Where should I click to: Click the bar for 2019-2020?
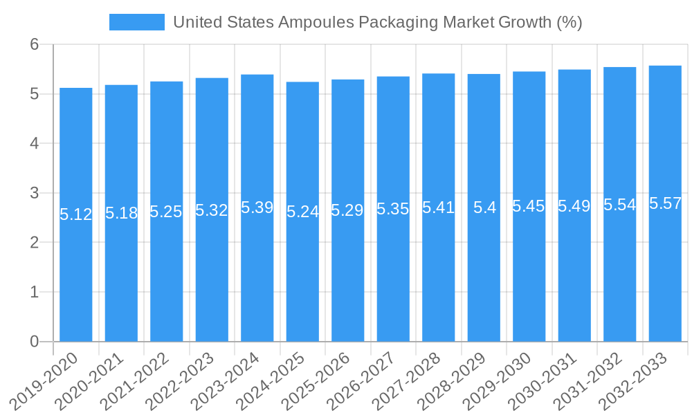[x=76, y=214]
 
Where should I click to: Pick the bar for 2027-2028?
[x=439, y=207]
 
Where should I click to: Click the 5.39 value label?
[x=257, y=207]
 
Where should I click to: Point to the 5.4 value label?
[x=484, y=207]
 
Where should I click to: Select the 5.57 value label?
[x=665, y=203]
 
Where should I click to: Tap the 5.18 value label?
[x=121, y=213]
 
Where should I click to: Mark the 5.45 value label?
[x=529, y=206]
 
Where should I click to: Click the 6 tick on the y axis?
[x=34, y=45]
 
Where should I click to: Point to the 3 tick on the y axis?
[x=34, y=193]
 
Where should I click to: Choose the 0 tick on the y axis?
[x=34, y=342]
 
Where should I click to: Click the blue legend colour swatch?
[x=137, y=22]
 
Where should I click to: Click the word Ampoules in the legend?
[x=315, y=22]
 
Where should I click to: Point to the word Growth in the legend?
[x=525, y=22]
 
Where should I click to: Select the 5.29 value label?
[x=348, y=210]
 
